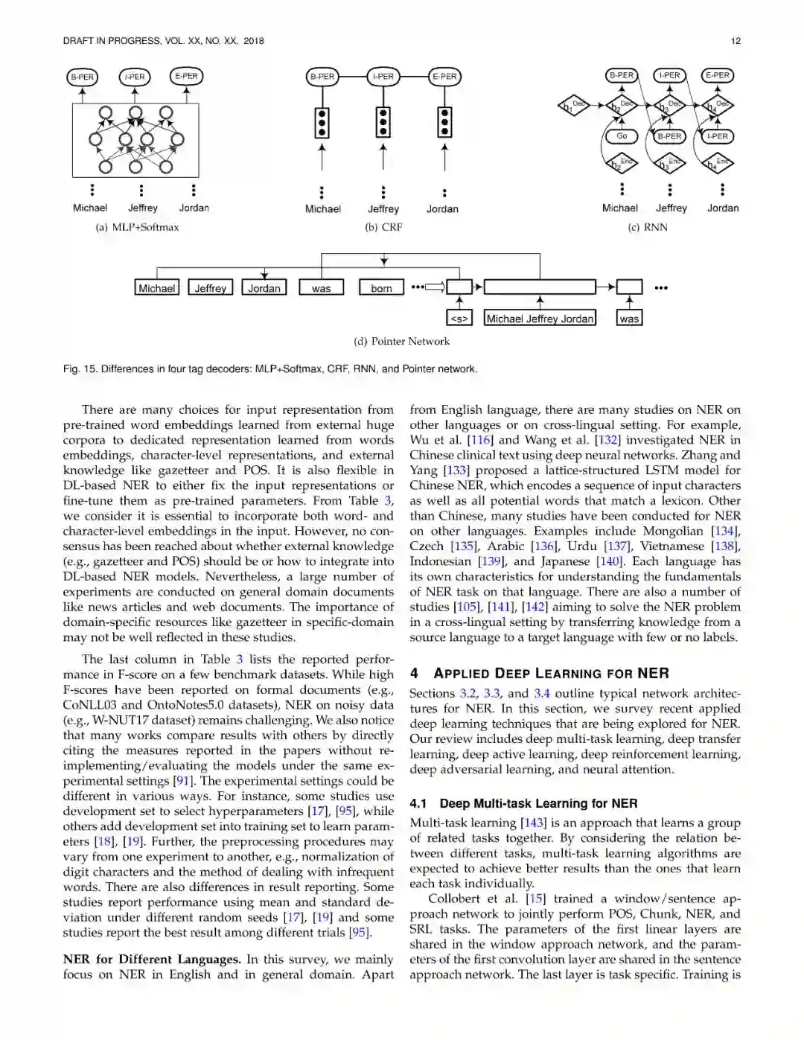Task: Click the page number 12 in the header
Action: coord(736,41)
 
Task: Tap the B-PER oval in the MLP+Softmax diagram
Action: coord(82,77)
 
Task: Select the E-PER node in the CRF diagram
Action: coord(444,76)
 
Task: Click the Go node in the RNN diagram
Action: coord(622,136)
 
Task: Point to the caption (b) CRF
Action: coord(383,227)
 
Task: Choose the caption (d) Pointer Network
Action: coord(402,341)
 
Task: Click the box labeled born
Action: coord(381,288)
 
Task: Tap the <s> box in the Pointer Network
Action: coord(459,319)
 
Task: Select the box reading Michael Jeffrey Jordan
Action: coord(540,319)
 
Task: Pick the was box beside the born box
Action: coord(321,288)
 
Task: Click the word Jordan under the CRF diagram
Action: coord(442,209)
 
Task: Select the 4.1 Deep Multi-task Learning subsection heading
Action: coord(523,803)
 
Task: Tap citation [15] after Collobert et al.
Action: coord(535,899)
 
